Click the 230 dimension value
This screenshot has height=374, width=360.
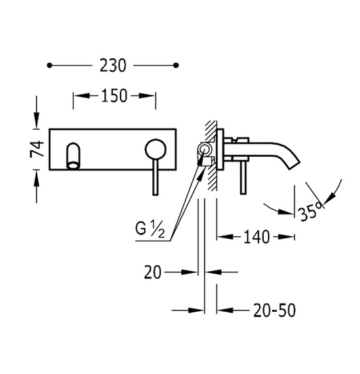click(113, 66)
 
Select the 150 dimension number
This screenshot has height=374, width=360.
click(114, 96)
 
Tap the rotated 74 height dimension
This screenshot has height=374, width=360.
click(37, 149)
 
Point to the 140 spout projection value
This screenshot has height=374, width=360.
click(256, 237)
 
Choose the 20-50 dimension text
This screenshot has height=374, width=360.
click(274, 310)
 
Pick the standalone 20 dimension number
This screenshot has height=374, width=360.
click(153, 272)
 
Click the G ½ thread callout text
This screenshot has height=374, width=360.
click(150, 229)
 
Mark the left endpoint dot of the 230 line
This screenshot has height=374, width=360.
click(49, 66)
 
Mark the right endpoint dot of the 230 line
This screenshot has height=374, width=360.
click(176, 66)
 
